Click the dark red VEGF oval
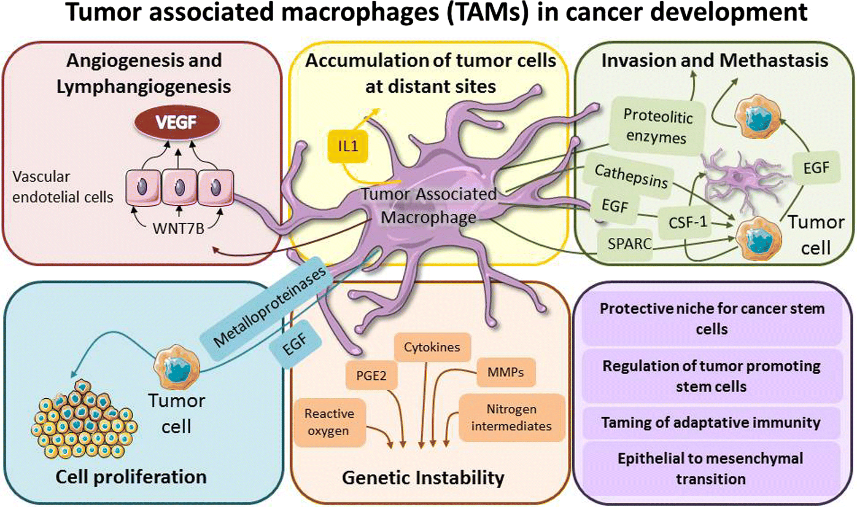pos(177,123)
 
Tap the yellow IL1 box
pos(348,146)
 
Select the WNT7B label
pos(178,228)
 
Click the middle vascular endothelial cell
pos(180,187)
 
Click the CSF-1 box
pos(687,222)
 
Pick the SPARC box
pos(628,244)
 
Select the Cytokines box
pos(432,347)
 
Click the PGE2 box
pos(371,375)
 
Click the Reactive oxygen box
pos(329,422)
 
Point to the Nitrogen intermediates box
pos(511,418)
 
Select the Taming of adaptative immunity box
pos(711,423)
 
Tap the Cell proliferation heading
pos(131,477)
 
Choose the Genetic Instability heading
pos(423,478)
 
